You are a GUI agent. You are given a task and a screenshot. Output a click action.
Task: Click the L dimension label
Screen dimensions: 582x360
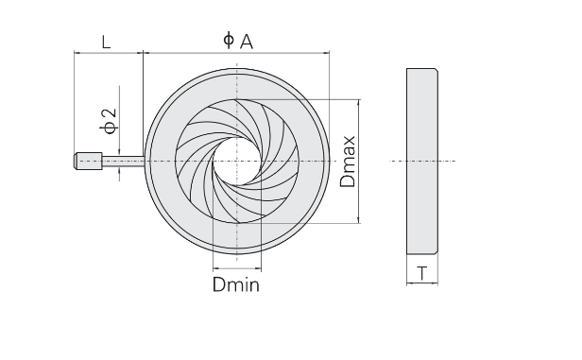[x=106, y=42]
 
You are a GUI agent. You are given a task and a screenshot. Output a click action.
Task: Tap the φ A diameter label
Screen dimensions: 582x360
[x=238, y=41]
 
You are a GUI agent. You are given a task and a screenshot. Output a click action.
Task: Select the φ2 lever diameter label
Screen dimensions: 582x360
[x=109, y=121]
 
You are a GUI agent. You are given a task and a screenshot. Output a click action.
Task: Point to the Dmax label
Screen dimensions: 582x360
[x=348, y=162]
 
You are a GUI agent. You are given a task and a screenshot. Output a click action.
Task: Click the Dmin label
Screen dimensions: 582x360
[x=236, y=284]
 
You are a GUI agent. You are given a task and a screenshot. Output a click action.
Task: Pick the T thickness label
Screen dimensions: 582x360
[x=422, y=273]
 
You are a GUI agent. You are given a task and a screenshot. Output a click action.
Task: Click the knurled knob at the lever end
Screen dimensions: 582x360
[x=89, y=161]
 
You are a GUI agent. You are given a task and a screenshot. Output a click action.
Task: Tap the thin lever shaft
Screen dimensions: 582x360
[x=123, y=161]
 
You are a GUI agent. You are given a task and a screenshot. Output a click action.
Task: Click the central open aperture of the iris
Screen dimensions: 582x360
[x=237, y=161]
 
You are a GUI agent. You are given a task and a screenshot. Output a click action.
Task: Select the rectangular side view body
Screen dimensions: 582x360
[x=422, y=161]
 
